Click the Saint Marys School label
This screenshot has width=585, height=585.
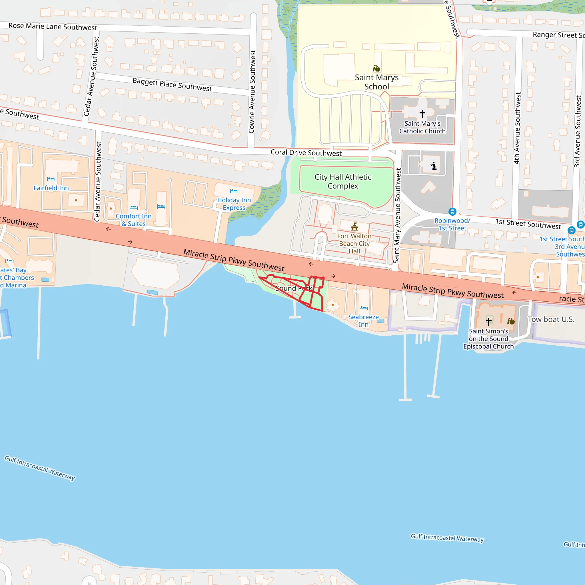click(376, 82)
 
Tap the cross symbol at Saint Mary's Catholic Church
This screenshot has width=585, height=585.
click(422, 114)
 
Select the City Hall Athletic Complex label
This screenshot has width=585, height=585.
click(342, 181)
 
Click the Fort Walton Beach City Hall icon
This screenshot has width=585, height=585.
click(354, 227)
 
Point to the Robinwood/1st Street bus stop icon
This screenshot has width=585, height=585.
click(452, 212)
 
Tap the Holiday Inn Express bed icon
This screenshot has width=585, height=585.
click(234, 191)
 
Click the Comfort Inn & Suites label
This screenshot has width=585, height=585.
click(133, 220)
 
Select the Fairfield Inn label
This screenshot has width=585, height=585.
click(51, 188)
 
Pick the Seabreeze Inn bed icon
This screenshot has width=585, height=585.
click(363, 308)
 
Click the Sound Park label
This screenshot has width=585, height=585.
click(293, 288)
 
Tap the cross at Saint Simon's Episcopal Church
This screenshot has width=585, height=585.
click(488, 321)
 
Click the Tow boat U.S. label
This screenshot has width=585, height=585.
click(551, 319)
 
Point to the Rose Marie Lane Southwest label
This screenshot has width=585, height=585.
click(53, 26)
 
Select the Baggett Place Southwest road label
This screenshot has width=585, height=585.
click(172, 85)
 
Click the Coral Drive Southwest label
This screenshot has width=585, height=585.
click(306, 153)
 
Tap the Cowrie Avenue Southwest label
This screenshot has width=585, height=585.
click(252, 91)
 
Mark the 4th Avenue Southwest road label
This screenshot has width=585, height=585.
click(518, 128)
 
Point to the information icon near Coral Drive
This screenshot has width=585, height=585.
click(434, 166)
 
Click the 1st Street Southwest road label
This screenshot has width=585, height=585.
click(528, 224)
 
